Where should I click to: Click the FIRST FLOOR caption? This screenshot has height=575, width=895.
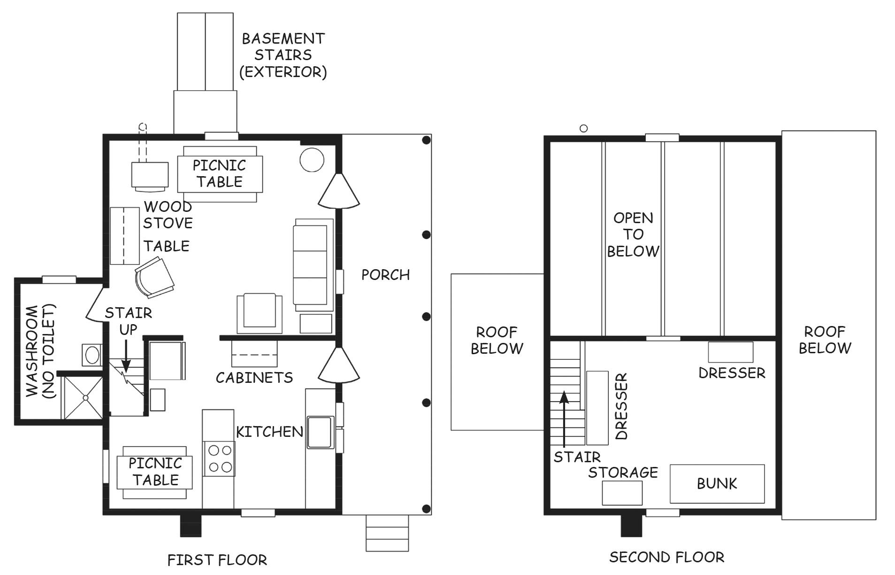click(x=217, y=560)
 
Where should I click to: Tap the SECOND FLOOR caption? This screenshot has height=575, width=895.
click(x=667, y=557)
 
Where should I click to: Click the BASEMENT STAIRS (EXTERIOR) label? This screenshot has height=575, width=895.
click(x=283, y=55)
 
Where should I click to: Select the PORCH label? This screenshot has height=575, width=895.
click(x=385, y=274)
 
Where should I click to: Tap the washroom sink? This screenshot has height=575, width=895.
click(x=92, y=355)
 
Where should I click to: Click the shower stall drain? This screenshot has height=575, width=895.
click(x=85, y=397)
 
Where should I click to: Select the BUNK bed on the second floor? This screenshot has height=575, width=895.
click(x=717, y=484)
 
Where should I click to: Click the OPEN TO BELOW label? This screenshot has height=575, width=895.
click(x=633, y=234)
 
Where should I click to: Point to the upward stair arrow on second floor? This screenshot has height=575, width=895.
click(x=564, y=419)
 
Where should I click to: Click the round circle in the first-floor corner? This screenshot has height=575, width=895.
click(x=312, y=160)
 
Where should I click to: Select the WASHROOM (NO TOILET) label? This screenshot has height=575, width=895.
click(x=41, y=351)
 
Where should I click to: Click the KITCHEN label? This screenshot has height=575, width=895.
click(x=269, y=432)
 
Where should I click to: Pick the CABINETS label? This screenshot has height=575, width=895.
click(x=254, y=377)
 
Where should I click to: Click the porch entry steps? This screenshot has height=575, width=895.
click(x=387, y=533)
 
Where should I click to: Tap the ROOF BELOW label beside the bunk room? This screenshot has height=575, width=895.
click(x=825, y=340)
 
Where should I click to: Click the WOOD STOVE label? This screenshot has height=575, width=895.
click(x=168, y=215)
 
